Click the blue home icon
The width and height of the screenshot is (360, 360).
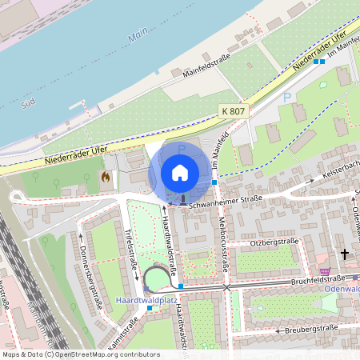click(180, 172)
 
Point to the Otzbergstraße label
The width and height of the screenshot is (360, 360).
click(275, 241)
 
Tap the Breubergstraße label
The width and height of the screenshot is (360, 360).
click(309, 330)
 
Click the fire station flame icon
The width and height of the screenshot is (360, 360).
click(104, 174)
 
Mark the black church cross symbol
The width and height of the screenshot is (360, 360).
click(345, 255)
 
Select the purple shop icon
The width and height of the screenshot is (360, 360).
click(325, 272)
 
